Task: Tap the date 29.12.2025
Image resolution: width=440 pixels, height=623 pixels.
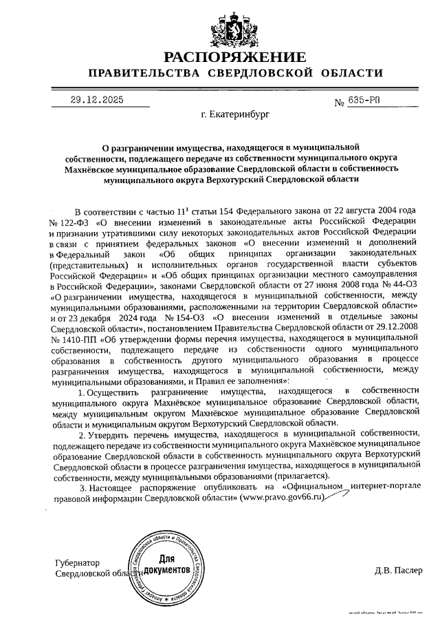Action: click(x=96, y=101)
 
